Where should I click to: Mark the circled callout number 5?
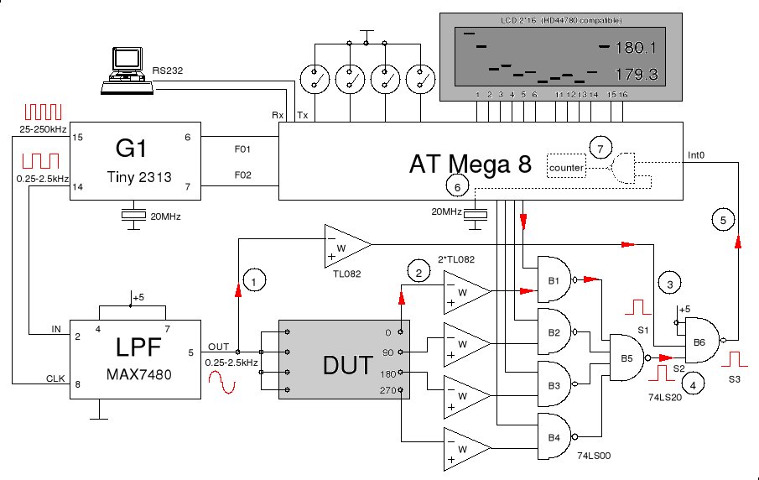pos(725,220)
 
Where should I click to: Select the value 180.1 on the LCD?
pos(636,47)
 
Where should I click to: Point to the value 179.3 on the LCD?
pos(636,76)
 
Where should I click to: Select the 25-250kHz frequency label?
pos(44,130)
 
